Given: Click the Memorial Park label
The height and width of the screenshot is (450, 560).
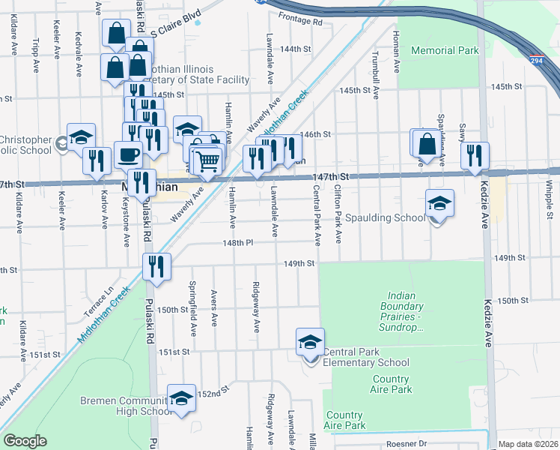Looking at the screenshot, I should pos(444,51).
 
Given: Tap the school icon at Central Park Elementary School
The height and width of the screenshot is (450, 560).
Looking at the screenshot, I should pos(310,342).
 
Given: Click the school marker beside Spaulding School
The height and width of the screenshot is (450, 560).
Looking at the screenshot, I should pos(439,202).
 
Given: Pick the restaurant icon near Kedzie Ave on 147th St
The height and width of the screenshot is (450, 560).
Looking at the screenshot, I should pos(475,155).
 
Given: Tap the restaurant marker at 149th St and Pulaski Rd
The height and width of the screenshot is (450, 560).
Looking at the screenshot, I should pos(157,266).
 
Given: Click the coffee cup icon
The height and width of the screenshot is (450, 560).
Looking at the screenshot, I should pos(128,154).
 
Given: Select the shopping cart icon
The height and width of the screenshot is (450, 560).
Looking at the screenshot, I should pos(207,160).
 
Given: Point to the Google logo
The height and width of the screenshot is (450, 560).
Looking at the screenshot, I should pos(25,441).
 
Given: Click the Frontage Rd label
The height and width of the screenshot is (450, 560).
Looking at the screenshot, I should pos(300,22).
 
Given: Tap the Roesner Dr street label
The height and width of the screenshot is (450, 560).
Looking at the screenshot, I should pos(406,443).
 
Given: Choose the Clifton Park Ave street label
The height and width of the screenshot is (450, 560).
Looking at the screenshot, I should pos(338,214).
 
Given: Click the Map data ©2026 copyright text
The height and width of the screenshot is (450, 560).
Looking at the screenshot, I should pos(528,444).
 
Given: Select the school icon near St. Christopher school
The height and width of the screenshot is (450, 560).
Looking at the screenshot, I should pos(81,137).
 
